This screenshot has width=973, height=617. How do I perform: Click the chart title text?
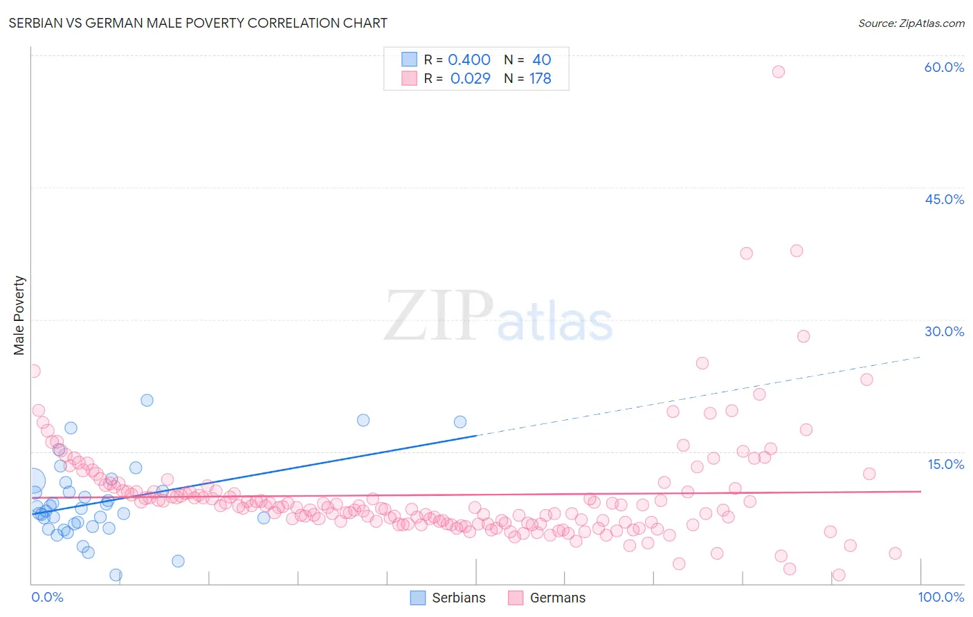pos(198,23)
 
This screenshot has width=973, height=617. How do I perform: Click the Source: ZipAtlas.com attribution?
pos(911,23)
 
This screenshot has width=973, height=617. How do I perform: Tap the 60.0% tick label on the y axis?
pos(944,67)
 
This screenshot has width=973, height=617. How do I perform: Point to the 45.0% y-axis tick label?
pos(944,199)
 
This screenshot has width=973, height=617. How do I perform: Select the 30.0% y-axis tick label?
pos(944,331)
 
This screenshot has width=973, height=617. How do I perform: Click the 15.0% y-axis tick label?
pos(945,464)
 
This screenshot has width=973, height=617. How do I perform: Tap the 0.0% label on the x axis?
pos(47,597)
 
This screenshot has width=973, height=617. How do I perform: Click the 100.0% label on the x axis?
pos(940,597)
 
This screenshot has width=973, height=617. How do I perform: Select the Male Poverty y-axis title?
pos(19,315)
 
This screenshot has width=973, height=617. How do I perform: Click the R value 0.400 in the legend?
pos(469,60)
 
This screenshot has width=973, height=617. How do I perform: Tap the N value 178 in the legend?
pos(540,79)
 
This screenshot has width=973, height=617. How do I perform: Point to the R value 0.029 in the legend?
pos(470,79)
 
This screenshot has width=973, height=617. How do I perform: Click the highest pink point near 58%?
pos(779,72)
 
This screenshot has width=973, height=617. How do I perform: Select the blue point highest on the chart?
pos(147,400)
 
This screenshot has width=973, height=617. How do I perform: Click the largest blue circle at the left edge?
pos(33,480)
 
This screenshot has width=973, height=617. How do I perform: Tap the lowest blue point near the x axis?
pos(116,575)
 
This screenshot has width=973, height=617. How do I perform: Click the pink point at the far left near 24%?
pos(33,371)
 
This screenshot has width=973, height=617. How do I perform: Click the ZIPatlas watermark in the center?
pos(498,317)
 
